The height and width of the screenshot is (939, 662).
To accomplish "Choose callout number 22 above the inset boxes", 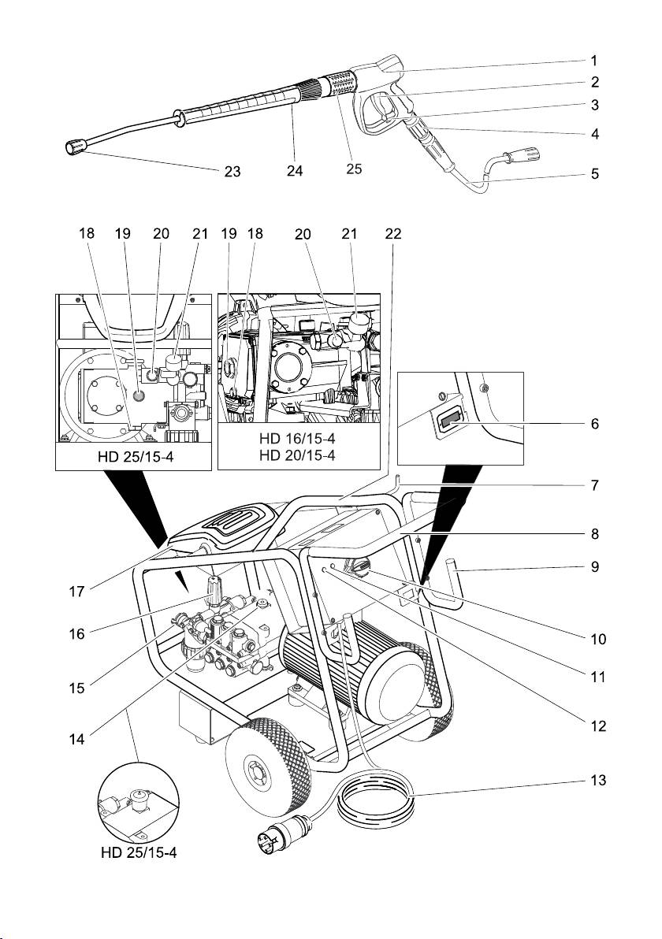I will pos(394,233).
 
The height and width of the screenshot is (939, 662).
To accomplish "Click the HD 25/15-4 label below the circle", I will pos(139,852).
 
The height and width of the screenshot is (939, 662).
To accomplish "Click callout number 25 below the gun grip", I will pos(354,168).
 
